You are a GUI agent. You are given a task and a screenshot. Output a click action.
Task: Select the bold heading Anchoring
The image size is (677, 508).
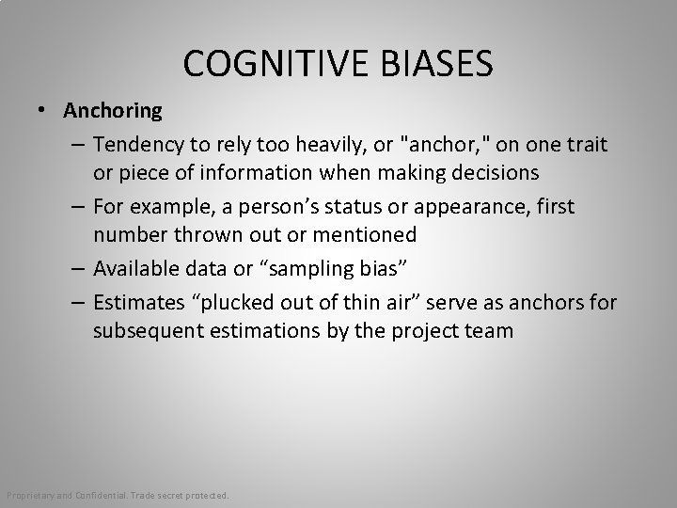[x=113, y=111]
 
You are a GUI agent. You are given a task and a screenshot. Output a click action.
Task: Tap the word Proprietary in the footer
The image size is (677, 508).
[x=31, y=496]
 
